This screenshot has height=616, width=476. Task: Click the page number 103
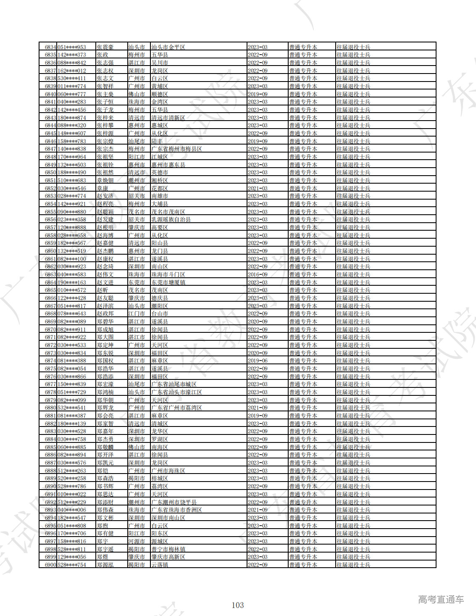coord(237,605)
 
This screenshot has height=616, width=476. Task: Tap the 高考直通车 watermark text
coord(441,600)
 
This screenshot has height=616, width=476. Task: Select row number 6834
coord(50,47)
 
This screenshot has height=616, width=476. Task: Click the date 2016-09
coord(258,275)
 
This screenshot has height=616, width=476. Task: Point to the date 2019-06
coord(258,361)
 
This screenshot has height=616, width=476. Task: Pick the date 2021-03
coord(258,188)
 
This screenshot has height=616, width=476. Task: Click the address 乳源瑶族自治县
coord(171,220)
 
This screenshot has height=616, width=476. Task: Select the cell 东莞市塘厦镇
coord(168,282)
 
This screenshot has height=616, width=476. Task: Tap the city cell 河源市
coord(137,541)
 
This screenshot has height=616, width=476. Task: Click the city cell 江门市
coord(137,314)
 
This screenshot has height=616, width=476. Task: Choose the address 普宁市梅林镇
coord(168,549)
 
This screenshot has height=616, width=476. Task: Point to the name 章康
coord(103,188)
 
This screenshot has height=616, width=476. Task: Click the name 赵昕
coord(103,290)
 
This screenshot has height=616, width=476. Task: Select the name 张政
coord(103,55)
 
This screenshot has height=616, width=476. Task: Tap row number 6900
coord(50,565)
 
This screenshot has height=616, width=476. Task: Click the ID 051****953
coord(71,47)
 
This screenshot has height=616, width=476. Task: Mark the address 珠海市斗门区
coord(168,275)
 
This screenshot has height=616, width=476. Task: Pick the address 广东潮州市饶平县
coord(174,502)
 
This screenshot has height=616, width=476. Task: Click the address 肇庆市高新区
coord(168,557)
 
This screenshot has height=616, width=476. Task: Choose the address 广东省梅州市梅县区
coord(176,149)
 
